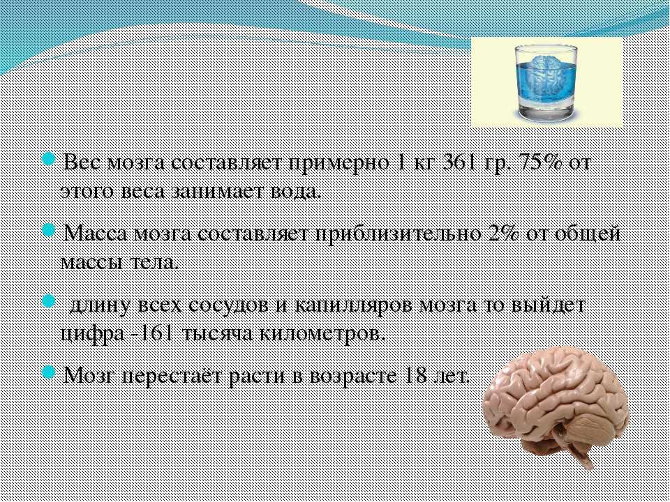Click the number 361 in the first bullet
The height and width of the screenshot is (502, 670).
click(460, 163)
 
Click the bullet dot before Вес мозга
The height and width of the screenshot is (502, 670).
click(49, 160)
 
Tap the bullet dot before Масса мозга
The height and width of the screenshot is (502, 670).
click(49, 231)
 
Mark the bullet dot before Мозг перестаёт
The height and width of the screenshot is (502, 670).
click(49, 372)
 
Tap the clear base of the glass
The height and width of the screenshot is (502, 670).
click(545, 111)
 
